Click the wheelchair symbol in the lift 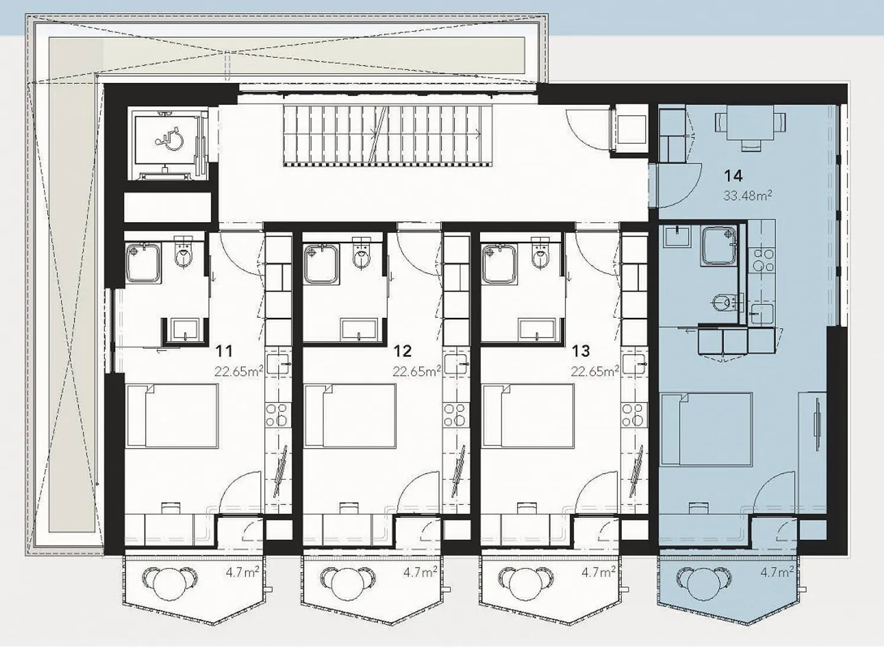pos(169,138)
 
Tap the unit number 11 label pos(225,351)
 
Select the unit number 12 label pos(403,351)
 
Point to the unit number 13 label pos(581,351)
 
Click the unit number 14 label pos(733,176)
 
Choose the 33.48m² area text pos(748,196)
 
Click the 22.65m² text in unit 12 pos(417,371)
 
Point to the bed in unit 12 pos(350,416)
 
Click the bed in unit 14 pos(706,429)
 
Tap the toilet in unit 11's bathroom pos(184,254)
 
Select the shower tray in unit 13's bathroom pos(500,263)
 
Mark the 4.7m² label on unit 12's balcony pos(421,573)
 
